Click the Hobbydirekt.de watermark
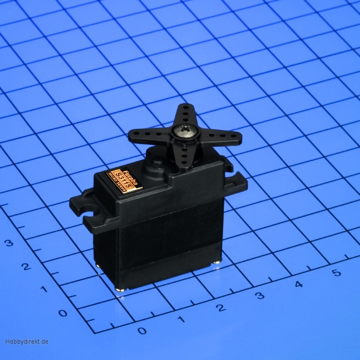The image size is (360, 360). (x=27, y=342)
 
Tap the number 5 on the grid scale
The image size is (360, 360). (x=336, y=273)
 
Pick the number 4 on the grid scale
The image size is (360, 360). (x=299, y=284)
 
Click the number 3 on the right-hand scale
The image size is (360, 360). (x=260, y=296)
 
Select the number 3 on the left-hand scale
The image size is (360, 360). (x=9, y=243)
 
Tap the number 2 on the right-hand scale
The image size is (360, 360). (x=220, y=308)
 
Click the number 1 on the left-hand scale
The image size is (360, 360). (x=44, y=289)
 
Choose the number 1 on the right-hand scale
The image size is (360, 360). (x=181, y=319)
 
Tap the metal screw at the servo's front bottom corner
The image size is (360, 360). (x=120, y=290)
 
